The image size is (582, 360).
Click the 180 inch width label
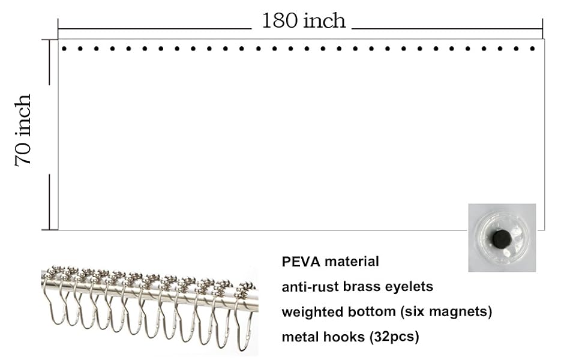pyautogui.click(x=304, y=21)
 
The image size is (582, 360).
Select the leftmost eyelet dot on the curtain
pyautogui.click(x=64, y=49)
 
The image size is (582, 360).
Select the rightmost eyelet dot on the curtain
pyautogui.click(x=532, y=49)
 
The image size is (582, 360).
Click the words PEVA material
pyautogui.click(x=330, y=262)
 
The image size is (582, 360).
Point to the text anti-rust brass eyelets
pyautogui.click(x=357, y=287)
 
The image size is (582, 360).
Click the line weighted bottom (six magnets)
pyautogui.click(x=387, y=312)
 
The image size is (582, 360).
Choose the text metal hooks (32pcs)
pyautogui.click(x=350, y=337)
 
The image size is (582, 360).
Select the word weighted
pyautogui.click(x=310, y=312)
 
